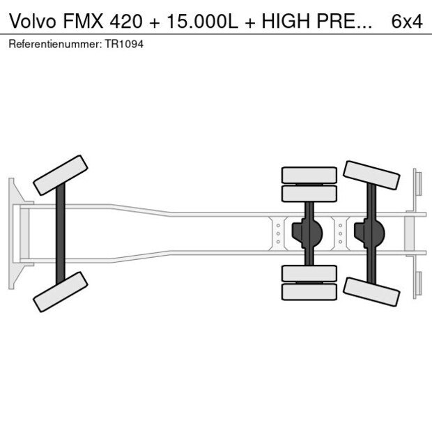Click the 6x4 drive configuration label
406,21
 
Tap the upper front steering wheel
61,175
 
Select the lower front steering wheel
61,291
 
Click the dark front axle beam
61,233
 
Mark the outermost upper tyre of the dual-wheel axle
309,174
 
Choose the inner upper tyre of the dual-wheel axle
309,193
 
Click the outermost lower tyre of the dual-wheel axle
309,292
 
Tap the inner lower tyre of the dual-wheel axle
309,273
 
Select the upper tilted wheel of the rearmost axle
371,175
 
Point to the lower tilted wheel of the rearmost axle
371,291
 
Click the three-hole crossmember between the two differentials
340,233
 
